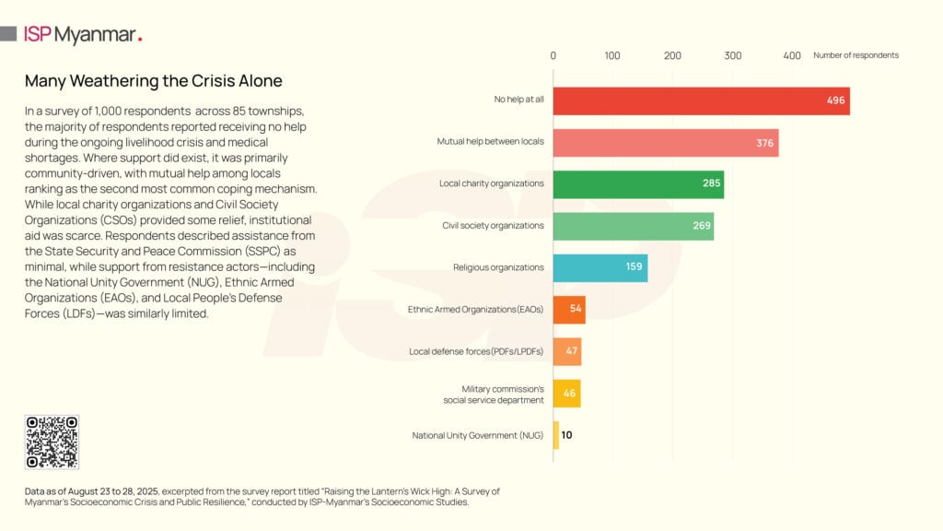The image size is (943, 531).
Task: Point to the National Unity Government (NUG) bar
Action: pos(556,435)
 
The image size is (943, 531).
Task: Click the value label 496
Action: pos(835,100)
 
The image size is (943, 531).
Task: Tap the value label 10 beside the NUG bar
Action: pos(566,435)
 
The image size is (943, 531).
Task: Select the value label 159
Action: pos(634,267)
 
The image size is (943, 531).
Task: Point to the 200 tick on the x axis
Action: pos(673,55)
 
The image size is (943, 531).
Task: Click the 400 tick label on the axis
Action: pos(792,55)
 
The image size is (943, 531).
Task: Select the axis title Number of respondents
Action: pos(856,55)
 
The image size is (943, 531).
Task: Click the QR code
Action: pos(52,442)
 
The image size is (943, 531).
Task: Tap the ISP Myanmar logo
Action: pos(83,35)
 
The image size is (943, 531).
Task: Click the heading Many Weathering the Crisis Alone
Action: pos(153,81)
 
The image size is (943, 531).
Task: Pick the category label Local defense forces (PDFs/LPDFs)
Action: pos(476,351)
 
